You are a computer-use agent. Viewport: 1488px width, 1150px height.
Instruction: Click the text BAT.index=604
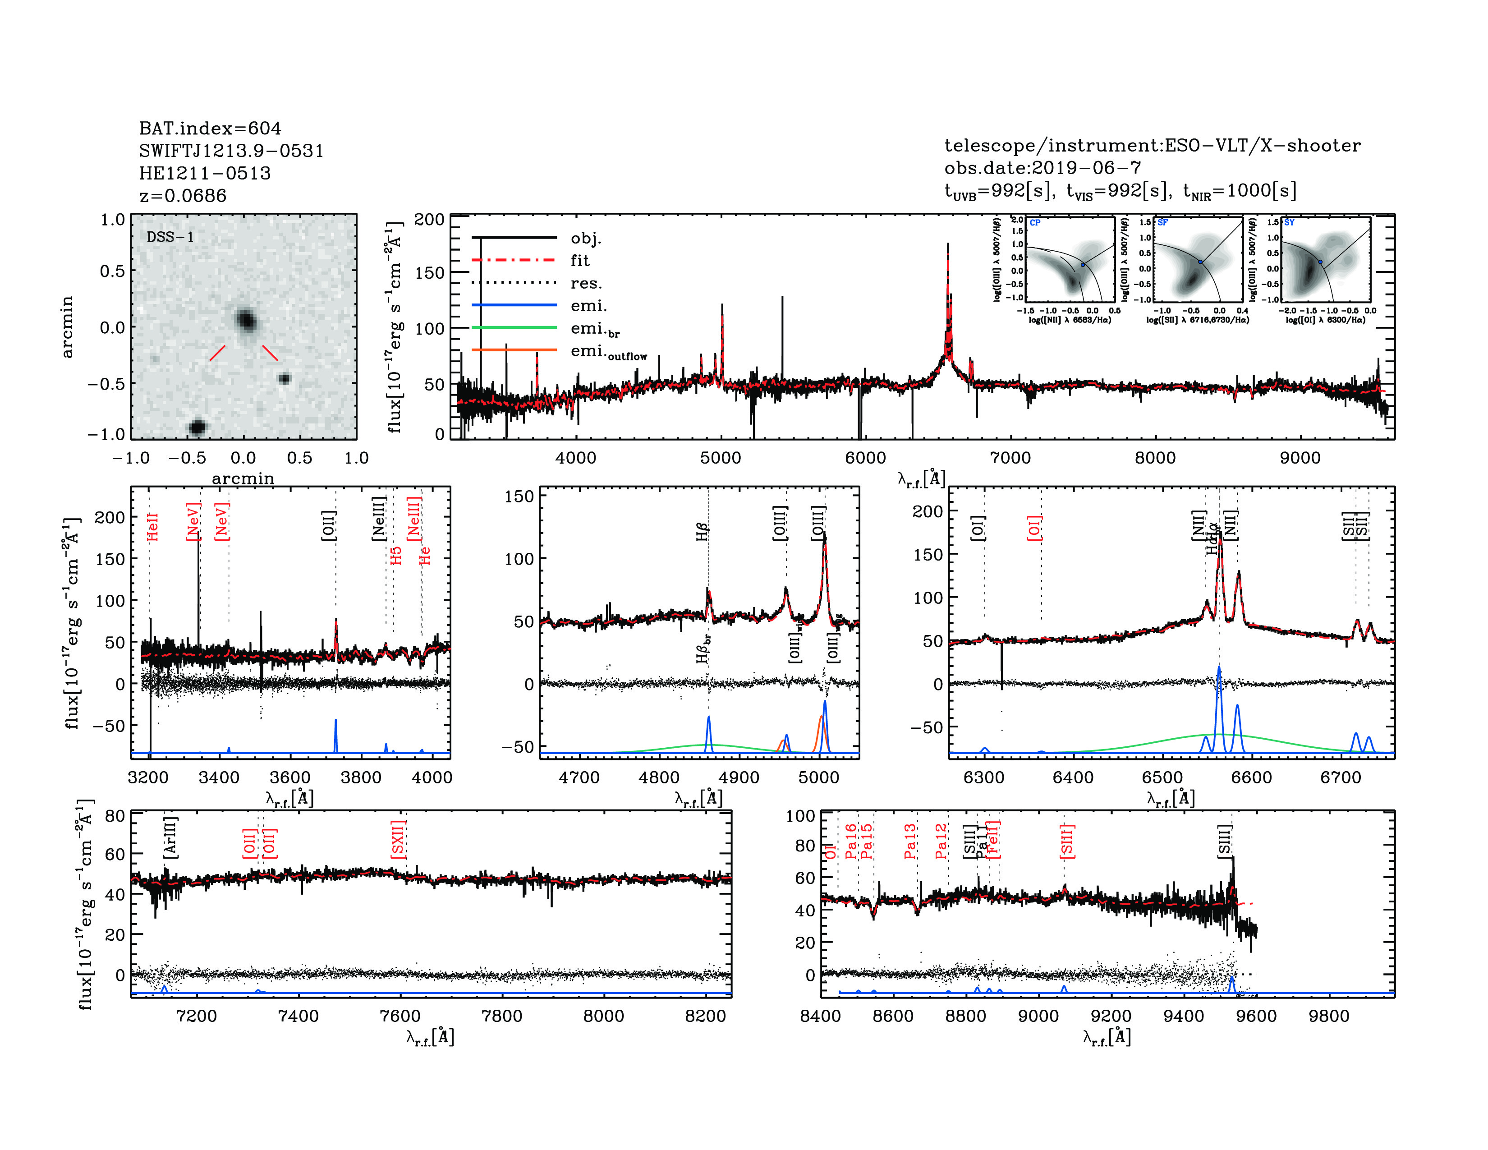210,128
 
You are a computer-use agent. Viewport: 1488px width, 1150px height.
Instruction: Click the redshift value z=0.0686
183,196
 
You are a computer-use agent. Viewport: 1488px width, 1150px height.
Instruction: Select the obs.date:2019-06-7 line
1043,168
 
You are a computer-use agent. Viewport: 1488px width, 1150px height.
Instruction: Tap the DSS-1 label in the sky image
170,237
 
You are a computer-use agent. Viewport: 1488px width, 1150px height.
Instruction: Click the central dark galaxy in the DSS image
246,320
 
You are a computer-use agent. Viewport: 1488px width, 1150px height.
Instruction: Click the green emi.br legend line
514,328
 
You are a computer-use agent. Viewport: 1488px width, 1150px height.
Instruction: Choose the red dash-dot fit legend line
514,260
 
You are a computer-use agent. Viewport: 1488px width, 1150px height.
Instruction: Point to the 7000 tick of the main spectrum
1010,458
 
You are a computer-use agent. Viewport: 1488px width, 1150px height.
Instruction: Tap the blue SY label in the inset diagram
1289,223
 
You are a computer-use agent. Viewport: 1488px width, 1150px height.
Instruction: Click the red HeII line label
152,527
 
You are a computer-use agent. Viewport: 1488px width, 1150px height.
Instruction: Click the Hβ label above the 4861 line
703,531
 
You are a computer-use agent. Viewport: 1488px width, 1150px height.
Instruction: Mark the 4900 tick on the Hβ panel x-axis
739,777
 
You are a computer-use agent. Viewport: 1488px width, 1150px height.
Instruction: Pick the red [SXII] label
398,839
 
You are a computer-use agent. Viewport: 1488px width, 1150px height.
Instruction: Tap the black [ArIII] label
170,837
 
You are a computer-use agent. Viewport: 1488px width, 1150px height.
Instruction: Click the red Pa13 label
910,842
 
